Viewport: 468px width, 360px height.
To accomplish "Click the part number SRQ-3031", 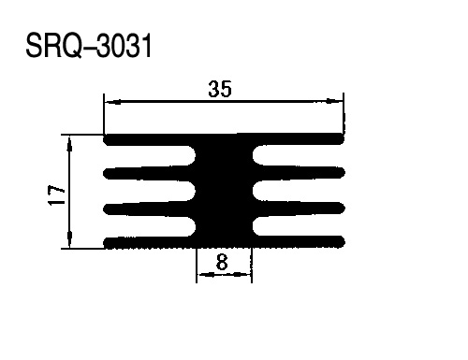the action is (x=89, y=46).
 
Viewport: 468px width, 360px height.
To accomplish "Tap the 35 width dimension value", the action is (x=220, y=89).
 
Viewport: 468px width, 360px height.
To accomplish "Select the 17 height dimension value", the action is (x=56, y=195).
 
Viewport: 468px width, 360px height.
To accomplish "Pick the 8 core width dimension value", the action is (x=222, y=263).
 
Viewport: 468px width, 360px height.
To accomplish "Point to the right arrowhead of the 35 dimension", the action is (x=334, y=101).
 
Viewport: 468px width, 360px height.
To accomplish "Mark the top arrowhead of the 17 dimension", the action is (x=69, y=144).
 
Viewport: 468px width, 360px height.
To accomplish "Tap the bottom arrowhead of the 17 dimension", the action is (x=69, y=239).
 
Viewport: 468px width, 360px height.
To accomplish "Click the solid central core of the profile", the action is (x=224, y=191).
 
